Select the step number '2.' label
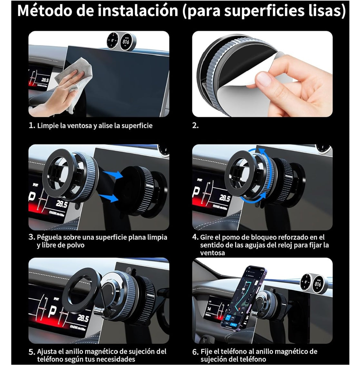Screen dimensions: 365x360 [195, 126]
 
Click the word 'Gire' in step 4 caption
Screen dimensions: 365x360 [206, 237]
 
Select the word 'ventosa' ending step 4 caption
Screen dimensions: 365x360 [212, 253]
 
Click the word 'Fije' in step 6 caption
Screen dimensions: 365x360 [206, 351]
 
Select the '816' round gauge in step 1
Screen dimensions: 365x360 [126, 41]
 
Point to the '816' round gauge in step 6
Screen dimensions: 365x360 [318, 284]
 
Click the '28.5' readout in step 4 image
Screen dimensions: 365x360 [224, 198]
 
